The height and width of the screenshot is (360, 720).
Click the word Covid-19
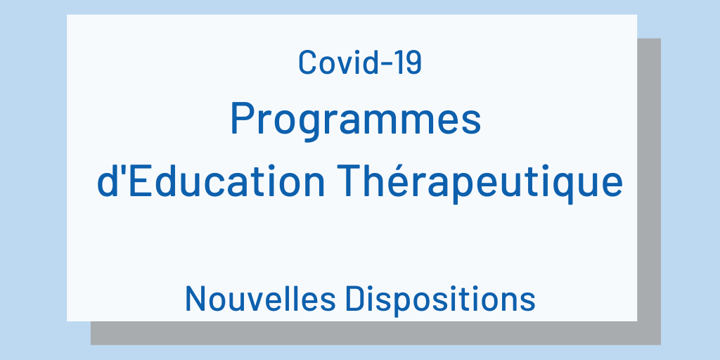[x=360, y=63]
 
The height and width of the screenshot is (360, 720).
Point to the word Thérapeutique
[x=480, y=184]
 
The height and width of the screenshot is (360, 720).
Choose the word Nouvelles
[x=260, y=299]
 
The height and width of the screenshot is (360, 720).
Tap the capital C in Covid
[x=308, y=63]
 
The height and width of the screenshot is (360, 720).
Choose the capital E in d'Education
[x=140, y=181]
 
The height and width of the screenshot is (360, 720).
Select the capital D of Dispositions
[x=356, y=299]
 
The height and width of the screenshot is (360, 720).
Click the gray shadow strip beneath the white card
[x=375, y=333]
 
